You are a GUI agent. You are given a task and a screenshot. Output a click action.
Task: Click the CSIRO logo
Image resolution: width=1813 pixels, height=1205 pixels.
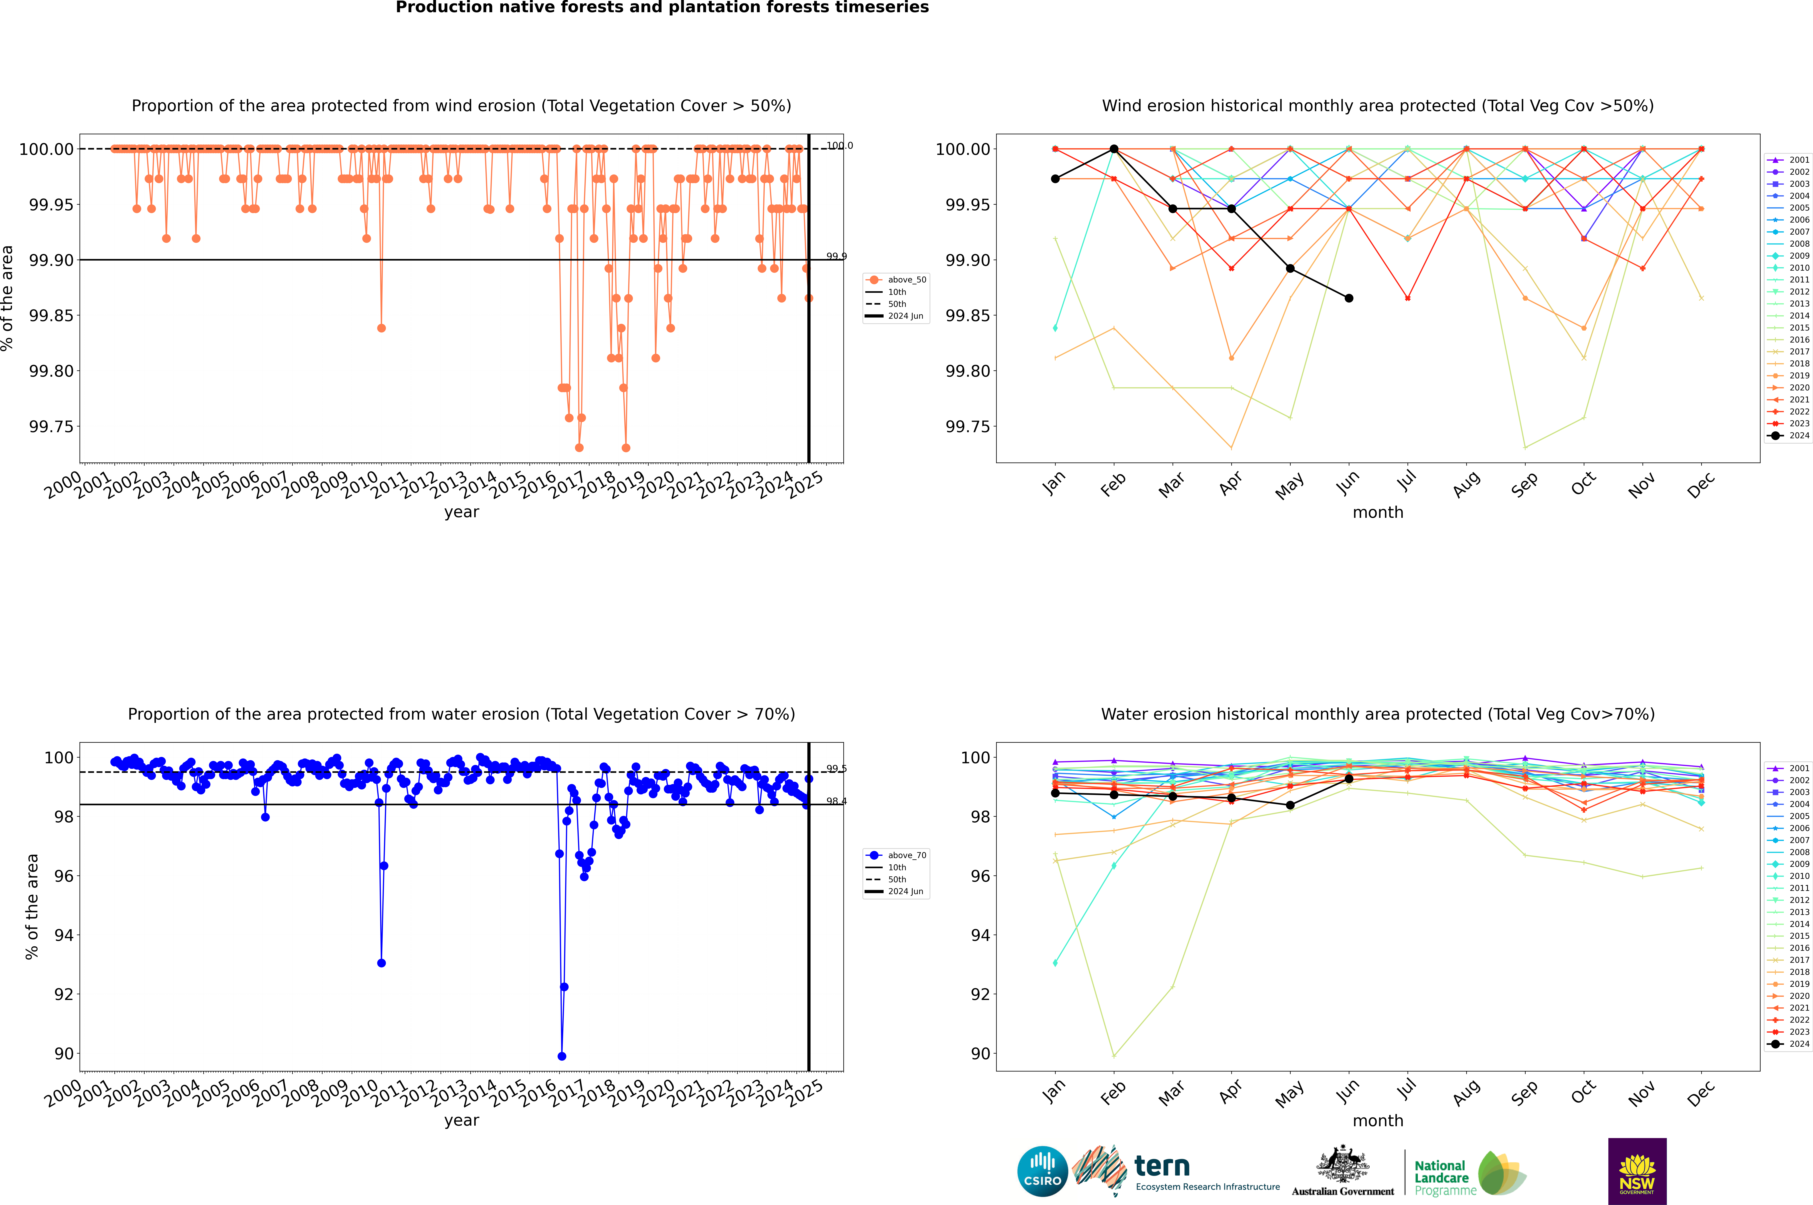(1042, 1171)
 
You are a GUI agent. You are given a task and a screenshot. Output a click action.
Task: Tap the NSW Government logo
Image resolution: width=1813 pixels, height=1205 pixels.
(1637, 1171)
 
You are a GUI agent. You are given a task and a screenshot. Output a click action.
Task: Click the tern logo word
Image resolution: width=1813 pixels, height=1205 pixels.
(1162, 1167)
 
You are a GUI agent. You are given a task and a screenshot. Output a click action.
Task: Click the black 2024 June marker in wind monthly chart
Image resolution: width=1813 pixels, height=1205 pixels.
(1349, 298)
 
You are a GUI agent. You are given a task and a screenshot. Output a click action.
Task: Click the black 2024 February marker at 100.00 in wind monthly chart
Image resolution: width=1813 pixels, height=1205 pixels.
(1114, 149)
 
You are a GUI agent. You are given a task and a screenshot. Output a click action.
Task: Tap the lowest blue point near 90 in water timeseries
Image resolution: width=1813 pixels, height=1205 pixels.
(562, 1056)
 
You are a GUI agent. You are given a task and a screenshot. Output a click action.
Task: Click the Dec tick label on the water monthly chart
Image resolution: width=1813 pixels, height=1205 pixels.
(1700, 1093)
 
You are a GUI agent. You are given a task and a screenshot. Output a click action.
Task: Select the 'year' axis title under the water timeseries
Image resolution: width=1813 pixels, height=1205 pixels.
(461, 1121)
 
